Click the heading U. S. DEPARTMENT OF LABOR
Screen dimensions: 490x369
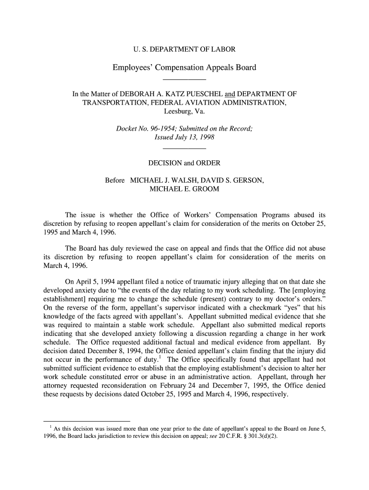[x=184, y=49]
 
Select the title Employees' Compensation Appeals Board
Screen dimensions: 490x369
[x=184, y=67]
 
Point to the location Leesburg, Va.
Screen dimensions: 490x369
[x=184, y=112]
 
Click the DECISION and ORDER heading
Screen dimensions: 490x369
[x=184, y=163]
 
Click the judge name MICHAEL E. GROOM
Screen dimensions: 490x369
[x=184, y=189]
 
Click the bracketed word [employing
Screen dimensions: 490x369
[x=309, y=290]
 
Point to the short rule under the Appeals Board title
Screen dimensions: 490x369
[x=184, y=79]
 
